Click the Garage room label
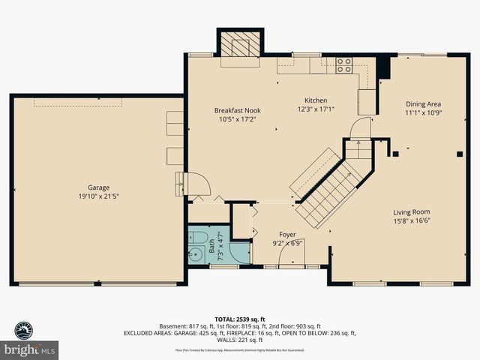click(98, 187)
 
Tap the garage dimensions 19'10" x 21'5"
click(98, 196)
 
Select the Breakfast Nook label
click(237, 110)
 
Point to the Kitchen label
click(315, 100)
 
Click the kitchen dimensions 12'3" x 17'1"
click(315, 109)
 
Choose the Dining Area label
click(423, 104)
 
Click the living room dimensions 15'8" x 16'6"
click(412, 220)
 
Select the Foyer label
click(287, 235)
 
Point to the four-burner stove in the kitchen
click(344, 65)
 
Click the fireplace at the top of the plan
click(241, 45)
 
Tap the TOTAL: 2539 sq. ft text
click(240, 318)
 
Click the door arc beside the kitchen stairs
click(360, 127)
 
